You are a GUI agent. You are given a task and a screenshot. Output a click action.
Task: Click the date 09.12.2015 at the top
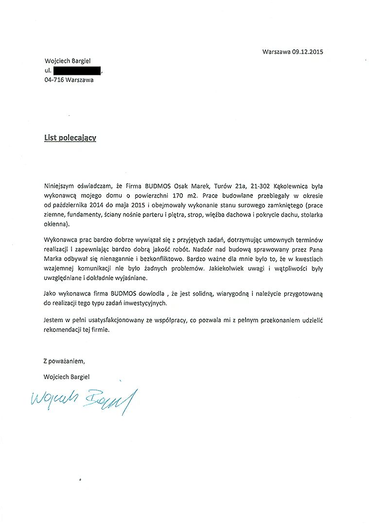pyautogui.click(x=308, y=51)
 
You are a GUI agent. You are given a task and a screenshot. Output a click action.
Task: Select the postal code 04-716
pyautogui.click(x=53, y=80)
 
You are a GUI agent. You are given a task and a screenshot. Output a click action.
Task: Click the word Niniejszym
pyautogui.click(x=59, y=186)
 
